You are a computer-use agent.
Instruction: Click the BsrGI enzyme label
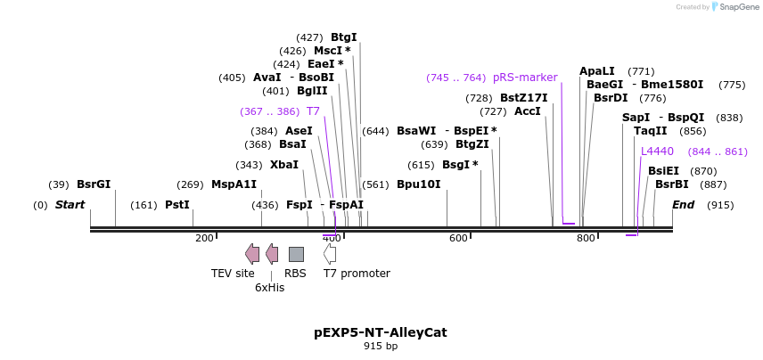[94, 184]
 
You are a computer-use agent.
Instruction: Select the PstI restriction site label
[176, 205]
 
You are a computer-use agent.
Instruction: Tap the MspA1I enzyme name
[234, 184]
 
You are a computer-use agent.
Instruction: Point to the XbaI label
[284, 165]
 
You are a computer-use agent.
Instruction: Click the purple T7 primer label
[313, 111]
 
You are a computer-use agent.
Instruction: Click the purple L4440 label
[657, 151]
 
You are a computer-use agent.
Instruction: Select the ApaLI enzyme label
[596, 71]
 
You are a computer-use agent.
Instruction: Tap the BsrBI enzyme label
[671, 184]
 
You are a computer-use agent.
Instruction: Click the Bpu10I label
[418, 184]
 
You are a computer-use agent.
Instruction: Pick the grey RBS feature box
[296, 254]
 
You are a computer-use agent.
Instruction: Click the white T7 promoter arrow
[330, 254]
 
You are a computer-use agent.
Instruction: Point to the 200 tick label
[204, 238]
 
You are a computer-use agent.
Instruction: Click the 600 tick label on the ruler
[458, 238]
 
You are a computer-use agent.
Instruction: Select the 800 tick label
[586, 238]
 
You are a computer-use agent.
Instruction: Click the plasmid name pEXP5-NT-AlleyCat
[381, 332]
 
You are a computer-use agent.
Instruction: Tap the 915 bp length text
[381, 347]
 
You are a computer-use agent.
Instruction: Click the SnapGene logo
[734, 7]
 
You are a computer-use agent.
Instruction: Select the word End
[683, 205]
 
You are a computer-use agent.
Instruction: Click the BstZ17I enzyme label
[523, 98]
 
